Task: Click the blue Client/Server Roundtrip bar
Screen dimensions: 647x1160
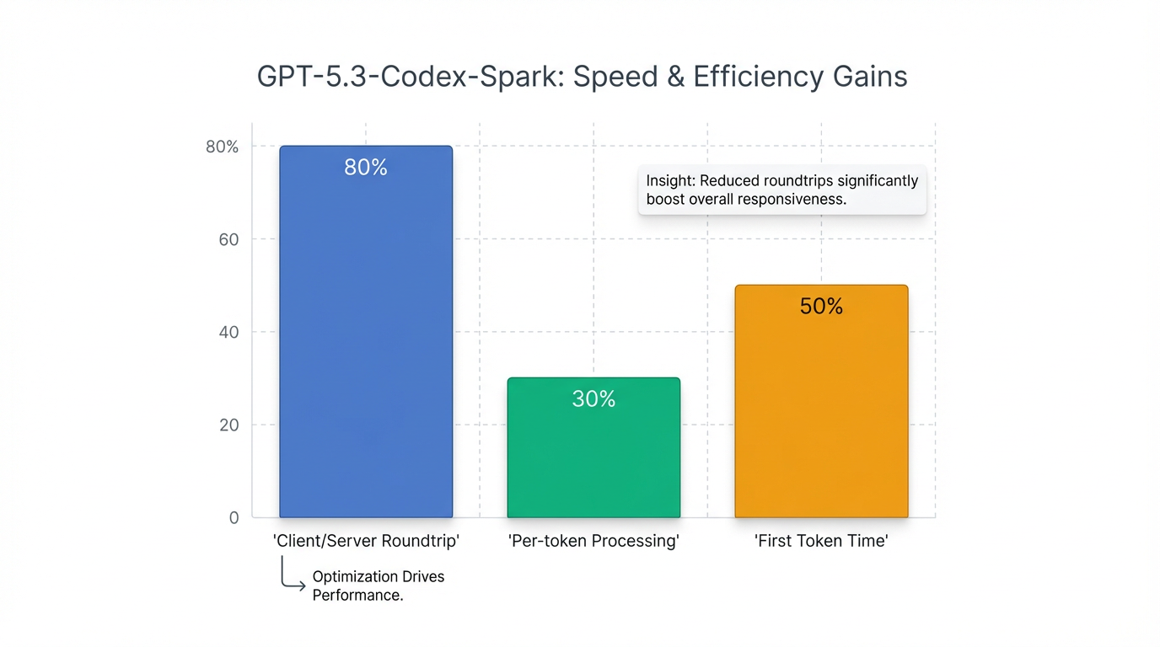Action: pyautogui.click(x=366, y=337)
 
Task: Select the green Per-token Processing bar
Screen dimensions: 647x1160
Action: pyautogui.click(x=593, y=455)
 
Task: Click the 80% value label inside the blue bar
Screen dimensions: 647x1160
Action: pyautogui.click(x=366, y=168)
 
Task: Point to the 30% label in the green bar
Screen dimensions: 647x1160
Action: pyautogui.click(x=593, y=399)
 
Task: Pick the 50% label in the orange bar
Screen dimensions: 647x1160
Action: pyautogui.click(x=821, y=307)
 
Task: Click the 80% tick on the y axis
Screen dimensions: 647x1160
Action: pyautogui.click(x=223, y=147)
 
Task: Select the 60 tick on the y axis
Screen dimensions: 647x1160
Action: pyautogui.click(x=228, y=239)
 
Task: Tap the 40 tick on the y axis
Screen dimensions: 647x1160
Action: pyautogui.click(x=228, y=332)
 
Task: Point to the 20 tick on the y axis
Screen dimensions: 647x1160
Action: pyautogui.click(x=228, y=425)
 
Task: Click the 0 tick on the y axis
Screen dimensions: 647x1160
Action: pyautogui.click(x=234, y=517)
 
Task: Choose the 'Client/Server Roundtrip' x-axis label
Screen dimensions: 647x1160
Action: pyautogui.click(x=366, y=541)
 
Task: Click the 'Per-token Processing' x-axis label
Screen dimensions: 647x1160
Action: pyautogui.click(x=593, y=541)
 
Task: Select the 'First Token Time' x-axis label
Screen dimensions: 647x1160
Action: pyautogui.click(x=821, y=541)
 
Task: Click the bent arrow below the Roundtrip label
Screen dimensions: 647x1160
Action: pyautogui.click(x=292, y=579)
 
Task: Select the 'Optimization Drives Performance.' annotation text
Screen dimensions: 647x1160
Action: pyautogui.click(x=378, y=586)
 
